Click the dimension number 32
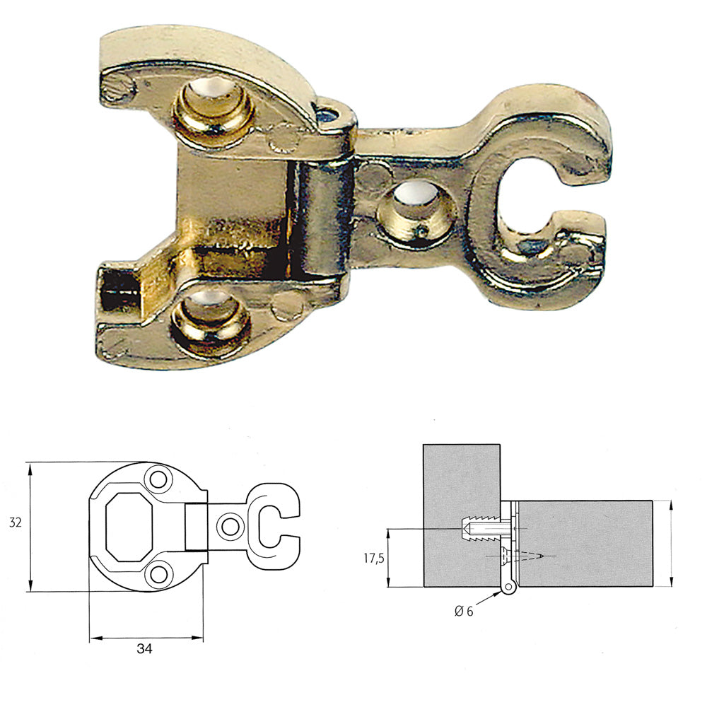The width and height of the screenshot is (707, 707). point(15,523)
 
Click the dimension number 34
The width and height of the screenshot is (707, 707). point(144,648)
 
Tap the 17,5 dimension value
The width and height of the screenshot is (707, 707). point(373,558)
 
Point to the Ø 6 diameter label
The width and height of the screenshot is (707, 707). point(464,612)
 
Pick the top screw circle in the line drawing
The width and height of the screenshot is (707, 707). point(157,479)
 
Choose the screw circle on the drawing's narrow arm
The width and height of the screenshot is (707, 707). point(229,525)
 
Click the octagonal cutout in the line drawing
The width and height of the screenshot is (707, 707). point(129,524)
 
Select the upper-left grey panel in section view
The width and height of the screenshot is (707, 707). point(460,481)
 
